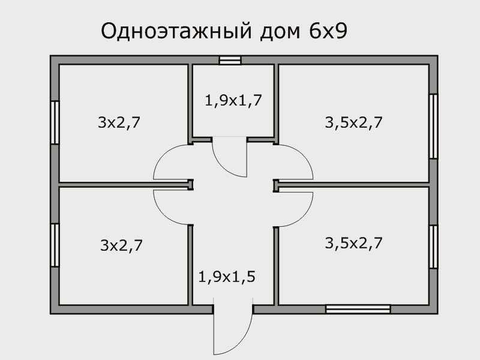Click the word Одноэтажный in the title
coord(176,32)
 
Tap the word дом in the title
coord(280,32)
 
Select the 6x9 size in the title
coord(328,31)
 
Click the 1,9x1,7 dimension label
coord(233,100)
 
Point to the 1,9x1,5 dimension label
coord(227,277)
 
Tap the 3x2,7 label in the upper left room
coord(119,122)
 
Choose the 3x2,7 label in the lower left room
coord(121,245)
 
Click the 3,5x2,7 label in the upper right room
coord(353,122)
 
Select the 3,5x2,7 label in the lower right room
coord(353,243)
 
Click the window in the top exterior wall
coord(230,60)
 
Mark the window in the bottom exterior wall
coord(358,309)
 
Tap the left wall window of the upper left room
coord(55,122)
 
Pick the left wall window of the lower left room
coord(55,245)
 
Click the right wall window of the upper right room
coord(433,126)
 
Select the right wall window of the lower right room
coord(433,247)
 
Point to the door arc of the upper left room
coord(162,155)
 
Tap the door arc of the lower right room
coord(305,216)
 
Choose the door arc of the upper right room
coord(305,155)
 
